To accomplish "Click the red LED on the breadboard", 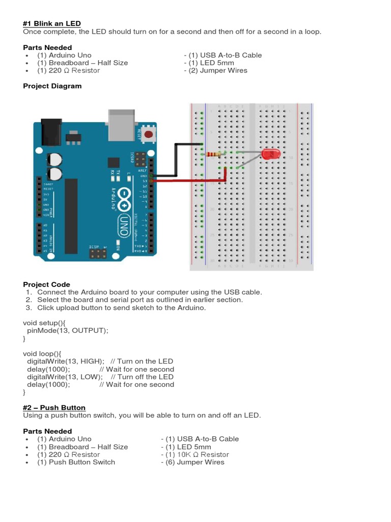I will (x=270, y=153).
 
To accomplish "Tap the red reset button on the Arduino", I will (x=149, y=135).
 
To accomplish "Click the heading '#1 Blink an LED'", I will (x=52, y=24).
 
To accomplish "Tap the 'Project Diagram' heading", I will (x=52, y=86).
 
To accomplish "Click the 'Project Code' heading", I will (x=46, y=284).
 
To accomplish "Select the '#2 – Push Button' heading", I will (x=54, y=408).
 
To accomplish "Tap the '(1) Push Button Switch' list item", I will (x=76, y=462).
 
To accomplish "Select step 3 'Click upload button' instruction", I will (x=121, y=307).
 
